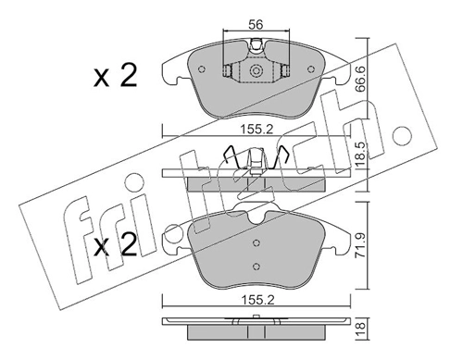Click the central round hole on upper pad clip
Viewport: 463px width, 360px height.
[x=255, y=70]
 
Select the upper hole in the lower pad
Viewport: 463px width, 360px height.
[x=255, y=242]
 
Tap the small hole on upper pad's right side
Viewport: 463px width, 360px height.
[x=286, y=70]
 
